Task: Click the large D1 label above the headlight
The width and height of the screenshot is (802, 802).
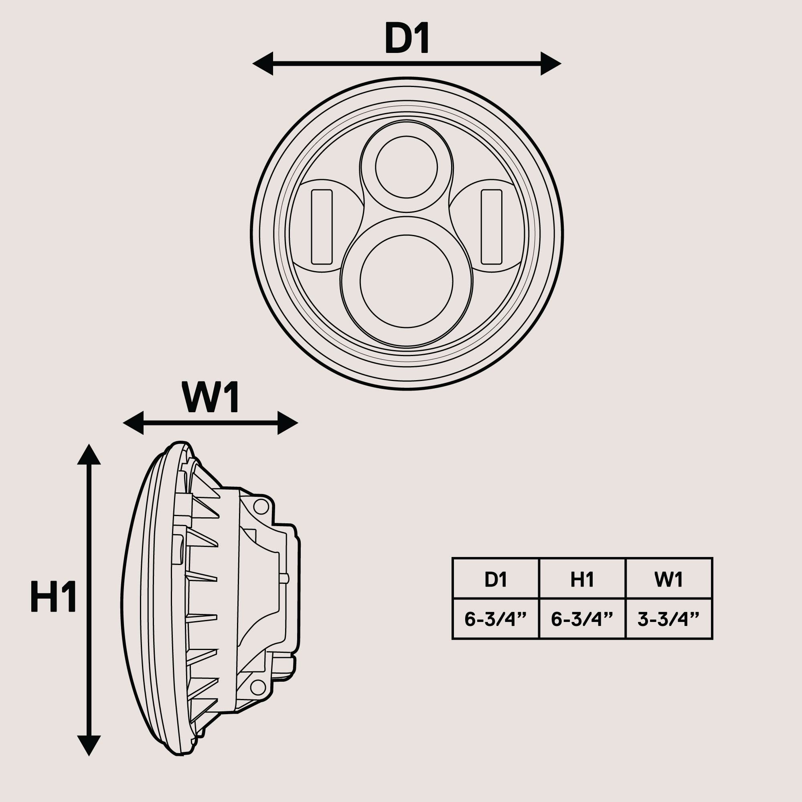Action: (406, 38)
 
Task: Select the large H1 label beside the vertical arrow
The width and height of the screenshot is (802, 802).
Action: (53, 597)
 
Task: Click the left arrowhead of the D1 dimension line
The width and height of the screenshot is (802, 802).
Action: (263, 64)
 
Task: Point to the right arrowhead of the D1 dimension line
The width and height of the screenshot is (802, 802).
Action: (551, 64)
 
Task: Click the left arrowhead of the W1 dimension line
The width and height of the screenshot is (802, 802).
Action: (134, 423)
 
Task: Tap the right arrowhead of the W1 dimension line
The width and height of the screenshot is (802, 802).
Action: (287, 423)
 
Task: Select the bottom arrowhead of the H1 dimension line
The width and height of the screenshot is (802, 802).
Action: (89, 745)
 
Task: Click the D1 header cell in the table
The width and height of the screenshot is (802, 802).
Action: (496, 579)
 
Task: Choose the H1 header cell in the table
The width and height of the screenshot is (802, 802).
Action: (582, 579)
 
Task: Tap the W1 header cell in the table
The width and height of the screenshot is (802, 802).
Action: (669, 579)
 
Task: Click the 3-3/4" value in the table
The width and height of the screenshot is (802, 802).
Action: (669, 619)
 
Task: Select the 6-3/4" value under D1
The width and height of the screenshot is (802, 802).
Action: (496, 619)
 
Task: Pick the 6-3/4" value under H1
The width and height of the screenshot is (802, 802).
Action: (582, 619)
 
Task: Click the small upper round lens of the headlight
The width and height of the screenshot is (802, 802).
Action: (406, 167)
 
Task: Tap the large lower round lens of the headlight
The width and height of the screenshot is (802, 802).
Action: (406, 281)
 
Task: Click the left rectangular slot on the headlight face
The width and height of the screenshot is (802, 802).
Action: (322, 227)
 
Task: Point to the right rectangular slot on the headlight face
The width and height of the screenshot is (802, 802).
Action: (492, 227)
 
